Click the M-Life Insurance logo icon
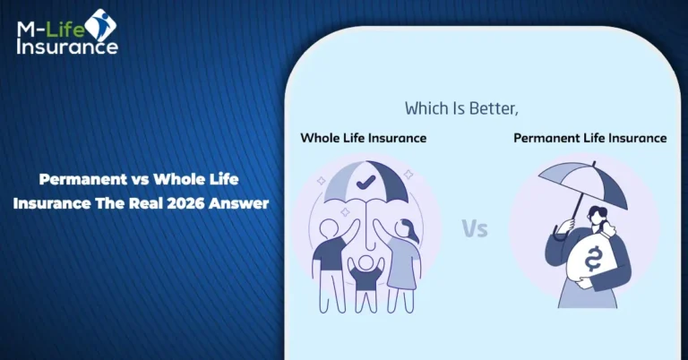click(x=100, y=26)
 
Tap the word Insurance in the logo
click(x=67, y=47)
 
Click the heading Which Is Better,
click(x=461, y=108)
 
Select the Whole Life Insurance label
click(x=364, y=138)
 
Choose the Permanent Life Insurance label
click(x=590, y=138)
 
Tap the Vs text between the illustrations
click(x=475, y=228)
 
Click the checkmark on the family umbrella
click(x=365, y=182)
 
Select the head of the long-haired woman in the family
click(x=404, y=229)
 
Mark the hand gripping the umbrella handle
click(x=566, y=225)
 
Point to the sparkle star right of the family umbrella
click(x=408, y=175)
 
